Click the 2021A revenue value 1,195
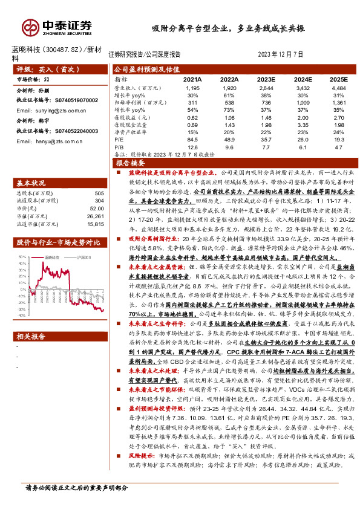pyautogui.click(x=192, y=88)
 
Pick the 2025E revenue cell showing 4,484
pyautogui.click(x=339, y=88)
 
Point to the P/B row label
pyautogui.click(x=119, y=146)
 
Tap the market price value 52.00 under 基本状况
pyautogui.click(x=95, y=209)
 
